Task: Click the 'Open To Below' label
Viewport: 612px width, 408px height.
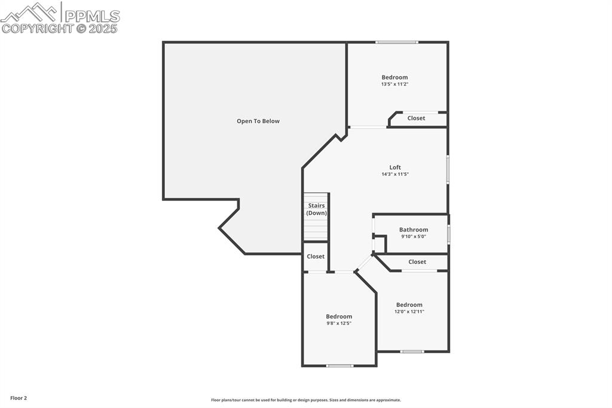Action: tap(258, 121)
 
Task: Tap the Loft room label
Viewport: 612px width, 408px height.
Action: tap(395, 168)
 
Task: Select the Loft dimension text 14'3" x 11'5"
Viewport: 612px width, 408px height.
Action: tap(395, 174)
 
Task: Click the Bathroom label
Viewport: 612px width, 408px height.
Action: tap(414, 230)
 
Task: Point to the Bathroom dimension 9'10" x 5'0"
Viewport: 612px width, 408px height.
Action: tap(414, 236)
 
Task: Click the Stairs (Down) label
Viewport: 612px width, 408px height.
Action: tap(316, 209)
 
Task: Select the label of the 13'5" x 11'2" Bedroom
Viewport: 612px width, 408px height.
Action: tap(394, 77)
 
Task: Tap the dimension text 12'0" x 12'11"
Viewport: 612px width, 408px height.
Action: tap(409, 312)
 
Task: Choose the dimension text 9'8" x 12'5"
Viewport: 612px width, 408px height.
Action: tap(339, 323)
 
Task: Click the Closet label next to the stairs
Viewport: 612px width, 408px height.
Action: tap(316, 256)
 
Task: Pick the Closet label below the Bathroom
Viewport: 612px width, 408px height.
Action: tap(417, 261)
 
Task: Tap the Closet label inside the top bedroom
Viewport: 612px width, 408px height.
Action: tap(416, 118)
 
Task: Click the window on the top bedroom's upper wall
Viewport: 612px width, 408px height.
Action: tap(397, 42)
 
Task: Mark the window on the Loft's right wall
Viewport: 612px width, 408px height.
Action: tap(448, 169)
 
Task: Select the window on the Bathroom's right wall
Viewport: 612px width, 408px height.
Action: tap(449, 233)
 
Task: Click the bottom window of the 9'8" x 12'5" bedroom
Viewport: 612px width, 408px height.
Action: tap(339, 366)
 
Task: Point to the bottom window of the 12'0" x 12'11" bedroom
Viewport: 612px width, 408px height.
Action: tap(412, 352)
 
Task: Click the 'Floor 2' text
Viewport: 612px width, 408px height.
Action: tap(19, 398)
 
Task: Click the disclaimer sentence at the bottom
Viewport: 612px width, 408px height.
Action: tap(305, 400)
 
